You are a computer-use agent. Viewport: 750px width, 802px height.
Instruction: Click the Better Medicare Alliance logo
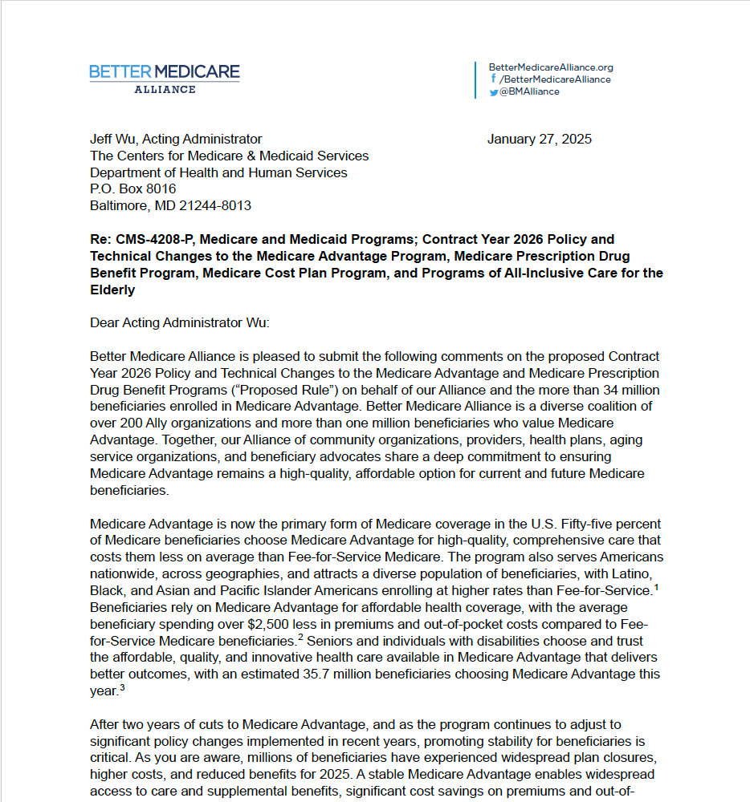[165, 78]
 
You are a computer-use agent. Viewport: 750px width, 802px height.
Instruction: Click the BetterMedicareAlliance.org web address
[550, 67]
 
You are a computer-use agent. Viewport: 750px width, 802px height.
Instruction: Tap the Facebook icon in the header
[493, 79]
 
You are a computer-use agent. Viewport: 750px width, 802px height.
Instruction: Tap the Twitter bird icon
[493, 92]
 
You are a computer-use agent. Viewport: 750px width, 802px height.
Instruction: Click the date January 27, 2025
[539, 139]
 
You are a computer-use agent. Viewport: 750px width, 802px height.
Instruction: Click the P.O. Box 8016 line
[132, 189]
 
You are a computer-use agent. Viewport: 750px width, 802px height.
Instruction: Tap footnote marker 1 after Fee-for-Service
[655, 587]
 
